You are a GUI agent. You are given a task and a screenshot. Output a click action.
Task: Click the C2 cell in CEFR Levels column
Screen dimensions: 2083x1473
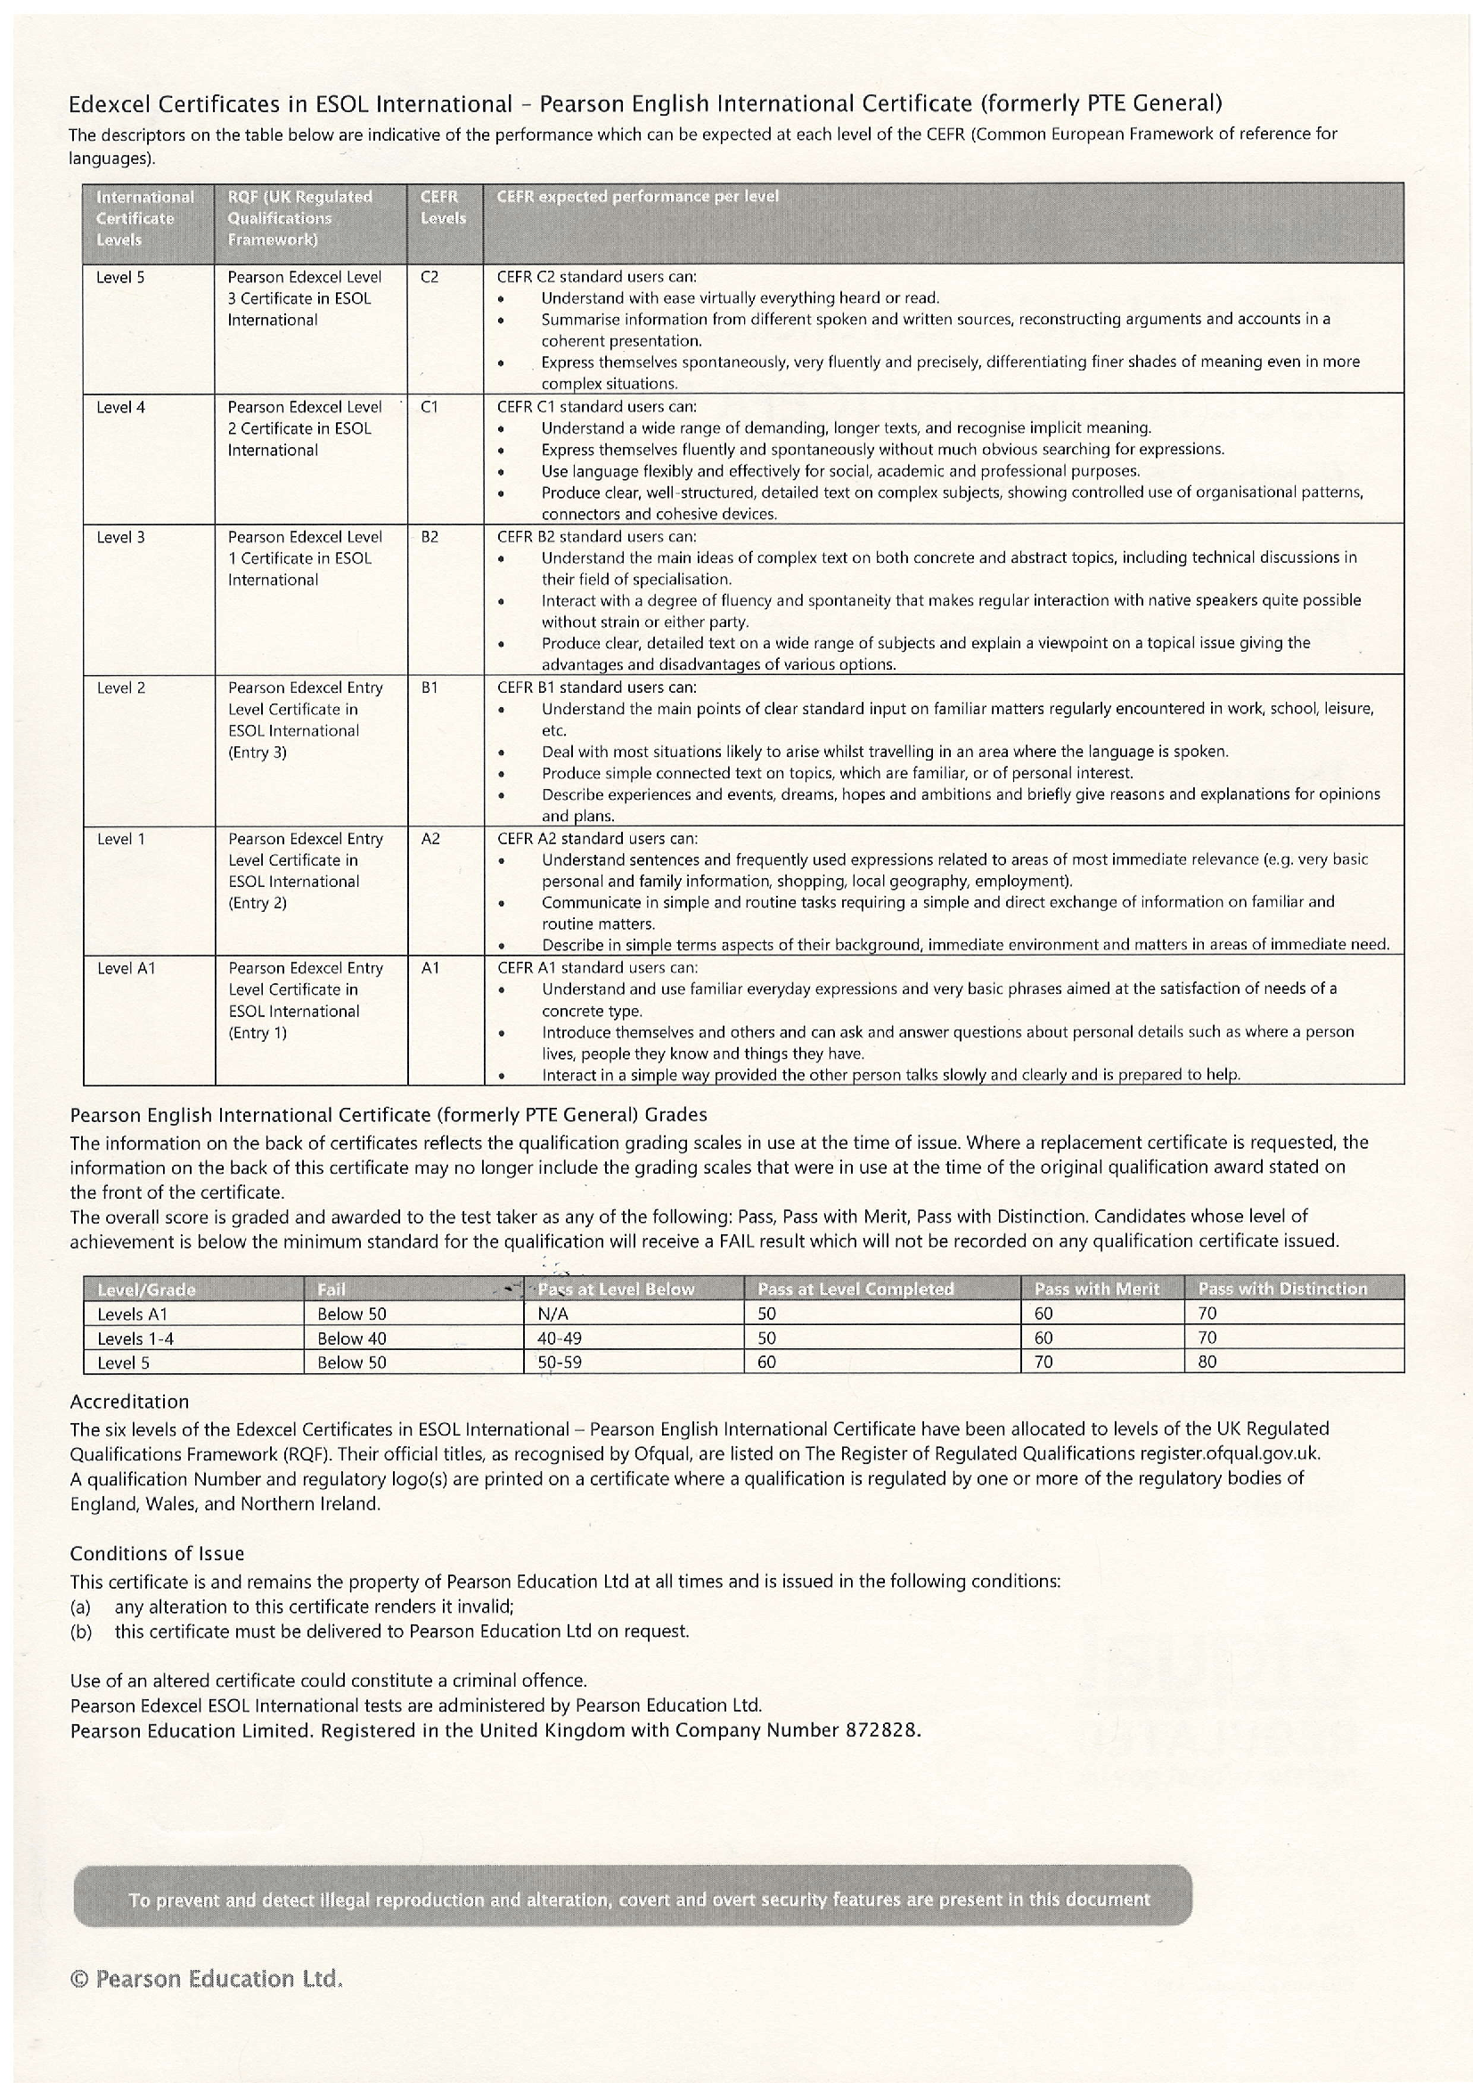[430, 278]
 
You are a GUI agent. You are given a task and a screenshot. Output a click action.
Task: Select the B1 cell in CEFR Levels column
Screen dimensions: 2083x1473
[430, 688]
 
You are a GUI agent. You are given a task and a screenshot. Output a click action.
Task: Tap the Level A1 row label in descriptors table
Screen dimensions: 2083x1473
[127, 969]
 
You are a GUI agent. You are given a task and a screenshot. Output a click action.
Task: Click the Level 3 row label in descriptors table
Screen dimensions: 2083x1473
[120, 538]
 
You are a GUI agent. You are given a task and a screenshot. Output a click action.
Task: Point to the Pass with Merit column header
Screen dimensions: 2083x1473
[1096, 1290]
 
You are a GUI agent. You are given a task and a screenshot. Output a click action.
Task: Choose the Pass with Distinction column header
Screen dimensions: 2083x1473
[1281, 1290]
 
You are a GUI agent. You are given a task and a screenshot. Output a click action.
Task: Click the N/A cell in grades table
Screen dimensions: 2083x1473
[552, 1314]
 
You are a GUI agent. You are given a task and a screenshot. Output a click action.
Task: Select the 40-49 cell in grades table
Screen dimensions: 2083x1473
[559, 1338]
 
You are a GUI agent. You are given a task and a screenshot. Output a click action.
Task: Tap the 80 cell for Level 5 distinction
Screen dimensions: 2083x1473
[1207, 1363]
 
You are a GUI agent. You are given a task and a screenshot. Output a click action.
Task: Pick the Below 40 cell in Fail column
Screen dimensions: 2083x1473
[351, 1338]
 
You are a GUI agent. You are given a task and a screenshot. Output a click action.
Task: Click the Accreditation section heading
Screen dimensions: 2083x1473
[129, 1402]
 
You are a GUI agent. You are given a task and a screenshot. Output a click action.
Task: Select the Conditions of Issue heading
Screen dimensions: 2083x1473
[157, 1553]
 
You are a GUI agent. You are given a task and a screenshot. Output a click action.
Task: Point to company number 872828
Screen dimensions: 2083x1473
[881, 1730]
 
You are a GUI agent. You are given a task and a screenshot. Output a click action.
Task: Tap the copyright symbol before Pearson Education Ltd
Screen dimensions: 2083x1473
[79, 1980]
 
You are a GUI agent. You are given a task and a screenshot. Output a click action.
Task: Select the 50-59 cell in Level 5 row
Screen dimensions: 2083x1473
[559, 1363]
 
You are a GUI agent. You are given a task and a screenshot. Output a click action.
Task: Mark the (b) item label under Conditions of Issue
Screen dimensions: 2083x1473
[81, 1631]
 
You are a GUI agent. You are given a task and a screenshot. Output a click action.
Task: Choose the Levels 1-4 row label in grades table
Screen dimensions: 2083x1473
[135, 1338]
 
